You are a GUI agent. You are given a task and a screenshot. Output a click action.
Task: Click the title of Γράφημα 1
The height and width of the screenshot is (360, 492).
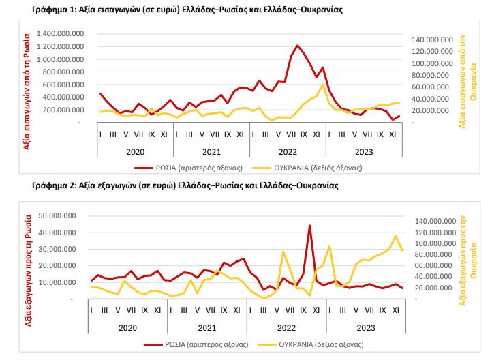click(x=187, y=10)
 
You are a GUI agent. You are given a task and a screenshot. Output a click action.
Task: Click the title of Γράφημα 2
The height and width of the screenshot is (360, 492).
click(x=185, y=185)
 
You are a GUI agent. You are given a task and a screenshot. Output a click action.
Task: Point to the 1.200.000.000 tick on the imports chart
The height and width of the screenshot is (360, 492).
click(x=60, y=46)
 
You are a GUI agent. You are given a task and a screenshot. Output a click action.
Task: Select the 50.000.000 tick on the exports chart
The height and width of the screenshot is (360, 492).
click(x=57, y=215)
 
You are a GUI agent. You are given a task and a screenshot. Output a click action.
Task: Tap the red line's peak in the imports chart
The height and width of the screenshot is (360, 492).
click(x=297, y=46)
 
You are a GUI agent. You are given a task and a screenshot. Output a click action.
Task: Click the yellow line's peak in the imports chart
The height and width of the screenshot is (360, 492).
click(x=322, y=84)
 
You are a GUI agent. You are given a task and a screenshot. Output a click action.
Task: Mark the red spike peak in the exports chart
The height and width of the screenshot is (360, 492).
click(x=309, y=226)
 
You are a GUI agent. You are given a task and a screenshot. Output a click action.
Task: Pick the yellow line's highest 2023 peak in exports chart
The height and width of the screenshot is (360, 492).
click(x=396, y=237)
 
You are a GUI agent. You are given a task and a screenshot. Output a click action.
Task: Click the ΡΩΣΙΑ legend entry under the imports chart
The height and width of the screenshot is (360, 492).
click(x=188, y=168)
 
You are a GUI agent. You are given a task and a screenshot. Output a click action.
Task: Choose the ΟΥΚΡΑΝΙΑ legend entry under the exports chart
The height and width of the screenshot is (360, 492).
click(x=310, y=344)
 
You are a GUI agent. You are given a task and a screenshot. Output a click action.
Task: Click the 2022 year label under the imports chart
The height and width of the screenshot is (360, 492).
click(x=288, y=152)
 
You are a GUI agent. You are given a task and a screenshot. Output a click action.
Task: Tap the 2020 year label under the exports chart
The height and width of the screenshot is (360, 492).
click(x=127, y=328)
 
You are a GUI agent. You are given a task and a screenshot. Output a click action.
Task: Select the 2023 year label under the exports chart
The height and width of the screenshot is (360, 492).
click(x=366, y=328)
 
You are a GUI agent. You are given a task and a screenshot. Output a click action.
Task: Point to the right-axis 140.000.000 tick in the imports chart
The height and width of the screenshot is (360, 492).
click(x=433, y=40)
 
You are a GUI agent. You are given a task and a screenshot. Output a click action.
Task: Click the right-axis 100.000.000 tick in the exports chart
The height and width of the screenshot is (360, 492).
click(x=435, y=243)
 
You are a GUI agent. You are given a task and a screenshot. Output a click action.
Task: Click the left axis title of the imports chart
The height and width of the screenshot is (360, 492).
click(x=27, y=91)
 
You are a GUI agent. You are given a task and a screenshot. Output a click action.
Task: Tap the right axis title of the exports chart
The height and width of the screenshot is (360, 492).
click(x=468, y=260)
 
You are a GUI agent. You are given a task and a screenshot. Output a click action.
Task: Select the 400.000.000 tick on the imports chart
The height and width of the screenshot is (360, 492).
click(x=63, y=97)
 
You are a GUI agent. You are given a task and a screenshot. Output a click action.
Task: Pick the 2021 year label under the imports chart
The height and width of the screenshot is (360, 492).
click(x=211, y=152)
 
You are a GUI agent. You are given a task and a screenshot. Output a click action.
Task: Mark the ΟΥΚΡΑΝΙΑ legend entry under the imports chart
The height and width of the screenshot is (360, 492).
click(x=307, y=168)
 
